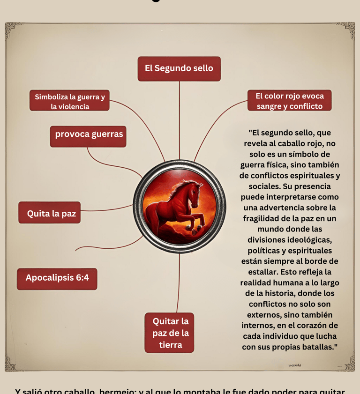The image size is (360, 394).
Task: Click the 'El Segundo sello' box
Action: [x=179, y=68]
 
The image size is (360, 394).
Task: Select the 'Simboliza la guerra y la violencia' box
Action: [x=69, y=101]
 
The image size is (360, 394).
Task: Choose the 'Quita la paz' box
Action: [x=50, y=213]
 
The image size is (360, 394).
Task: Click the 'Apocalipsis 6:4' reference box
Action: [x=57, y=278]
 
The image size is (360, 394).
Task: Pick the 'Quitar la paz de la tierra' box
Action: [x=170, y=333]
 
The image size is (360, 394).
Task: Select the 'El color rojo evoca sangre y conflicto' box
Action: [x=289, y=101]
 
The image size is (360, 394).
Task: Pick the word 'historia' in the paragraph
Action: [x=290, y=293]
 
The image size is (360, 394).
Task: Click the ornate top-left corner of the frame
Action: [x=13, y=30]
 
